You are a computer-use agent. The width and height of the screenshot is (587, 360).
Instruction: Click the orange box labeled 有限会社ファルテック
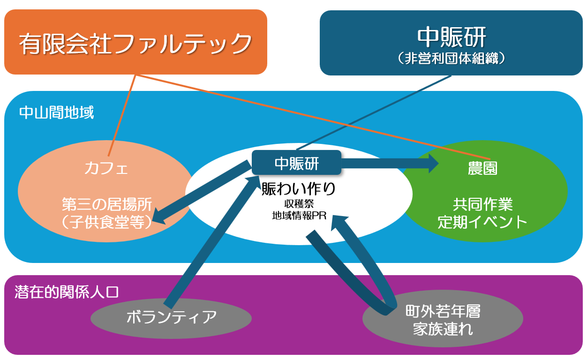(x=135, y=43)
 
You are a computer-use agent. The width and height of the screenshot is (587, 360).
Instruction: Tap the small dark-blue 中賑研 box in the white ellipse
(x=296, y=163)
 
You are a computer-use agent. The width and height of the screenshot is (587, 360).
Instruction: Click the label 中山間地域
(x=56, y=113)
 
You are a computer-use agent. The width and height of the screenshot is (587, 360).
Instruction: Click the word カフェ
(x=106, y=167)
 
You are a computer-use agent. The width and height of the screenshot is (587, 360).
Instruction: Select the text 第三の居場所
(x=107, y=204)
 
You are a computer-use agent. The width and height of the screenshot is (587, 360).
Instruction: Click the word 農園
(x=482, y=169)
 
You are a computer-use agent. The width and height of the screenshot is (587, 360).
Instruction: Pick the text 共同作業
(x=482, y=204)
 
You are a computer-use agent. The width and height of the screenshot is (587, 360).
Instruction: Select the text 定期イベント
(x=482, y=222)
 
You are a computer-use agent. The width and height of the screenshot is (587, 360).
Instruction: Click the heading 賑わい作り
(x=298, y=189)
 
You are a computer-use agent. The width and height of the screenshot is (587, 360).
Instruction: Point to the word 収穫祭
(x=299, y=204)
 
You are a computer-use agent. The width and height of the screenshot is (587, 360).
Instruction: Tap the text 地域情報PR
(x=299, y=216)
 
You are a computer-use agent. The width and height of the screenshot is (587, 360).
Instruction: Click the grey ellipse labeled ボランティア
(x=171, y=318)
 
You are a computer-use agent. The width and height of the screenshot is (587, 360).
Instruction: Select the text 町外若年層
(x=443, y=312)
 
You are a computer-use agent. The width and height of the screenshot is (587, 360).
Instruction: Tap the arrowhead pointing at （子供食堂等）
(x=159, y=218)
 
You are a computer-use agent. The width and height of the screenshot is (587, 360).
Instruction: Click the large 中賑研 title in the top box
(x=451, y=37)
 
